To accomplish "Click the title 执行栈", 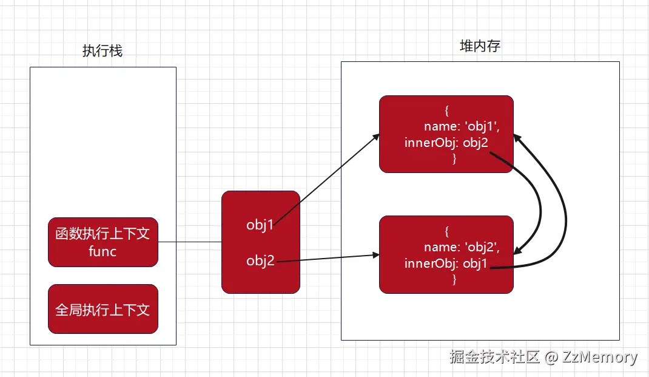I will tap(103, 51).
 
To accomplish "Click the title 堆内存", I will tap(480, 46).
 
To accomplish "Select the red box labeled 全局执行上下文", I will tap(103, 309).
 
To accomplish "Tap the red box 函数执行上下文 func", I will tap(103, 242).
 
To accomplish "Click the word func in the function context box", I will tap(103, 251).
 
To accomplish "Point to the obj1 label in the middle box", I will tap(260, 225).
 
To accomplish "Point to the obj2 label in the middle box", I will tap(260, 261).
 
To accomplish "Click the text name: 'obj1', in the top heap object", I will tap(461, 127).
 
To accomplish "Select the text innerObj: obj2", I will tap(446, 142).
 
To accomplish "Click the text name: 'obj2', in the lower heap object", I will tap(461, 247).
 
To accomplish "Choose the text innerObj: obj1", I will tap(446, 263).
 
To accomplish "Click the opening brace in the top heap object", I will tap(446, 111).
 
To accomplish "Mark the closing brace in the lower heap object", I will tap(454, 279).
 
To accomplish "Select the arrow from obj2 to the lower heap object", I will tap(328, 259).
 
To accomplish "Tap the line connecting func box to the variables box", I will tap(190, 242).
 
